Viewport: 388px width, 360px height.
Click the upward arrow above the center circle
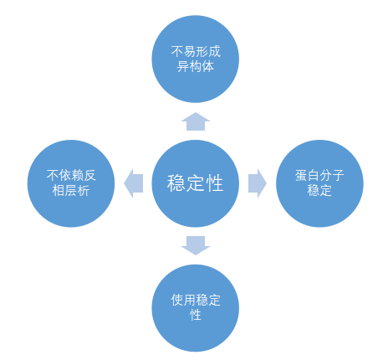[x=196, y=121]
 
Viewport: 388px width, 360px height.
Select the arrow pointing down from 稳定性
[x=196, y=245]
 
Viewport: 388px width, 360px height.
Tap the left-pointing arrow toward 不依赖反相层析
[x=133, y=183]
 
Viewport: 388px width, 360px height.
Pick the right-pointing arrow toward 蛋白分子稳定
[x=258, y=183]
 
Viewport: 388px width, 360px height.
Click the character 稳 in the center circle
[x=176, y=183]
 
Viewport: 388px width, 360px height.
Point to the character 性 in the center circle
[x=214, y=183]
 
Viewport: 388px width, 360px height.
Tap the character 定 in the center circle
[x=195, y=183]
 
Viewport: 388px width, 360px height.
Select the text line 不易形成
[x=196, y=52]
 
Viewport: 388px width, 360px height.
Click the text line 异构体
[x=196, y=67]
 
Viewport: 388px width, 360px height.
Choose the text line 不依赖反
[x=71, y=176]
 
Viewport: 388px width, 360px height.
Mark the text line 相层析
[x=71, y=191]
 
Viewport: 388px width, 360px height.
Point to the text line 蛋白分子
[x=319, y=176]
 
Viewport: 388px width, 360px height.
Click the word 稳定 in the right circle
[x=319, y=191]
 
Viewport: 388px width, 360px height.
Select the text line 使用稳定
[x=196, y=301]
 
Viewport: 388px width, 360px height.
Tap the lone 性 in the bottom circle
[x=196, y=316]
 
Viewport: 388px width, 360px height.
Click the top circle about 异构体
[x=196, y=59]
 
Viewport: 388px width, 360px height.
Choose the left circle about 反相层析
[x=71, y=183]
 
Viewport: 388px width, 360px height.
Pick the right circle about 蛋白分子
[x=319, y=183]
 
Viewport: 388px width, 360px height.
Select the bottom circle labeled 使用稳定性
[x=196, y=308]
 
